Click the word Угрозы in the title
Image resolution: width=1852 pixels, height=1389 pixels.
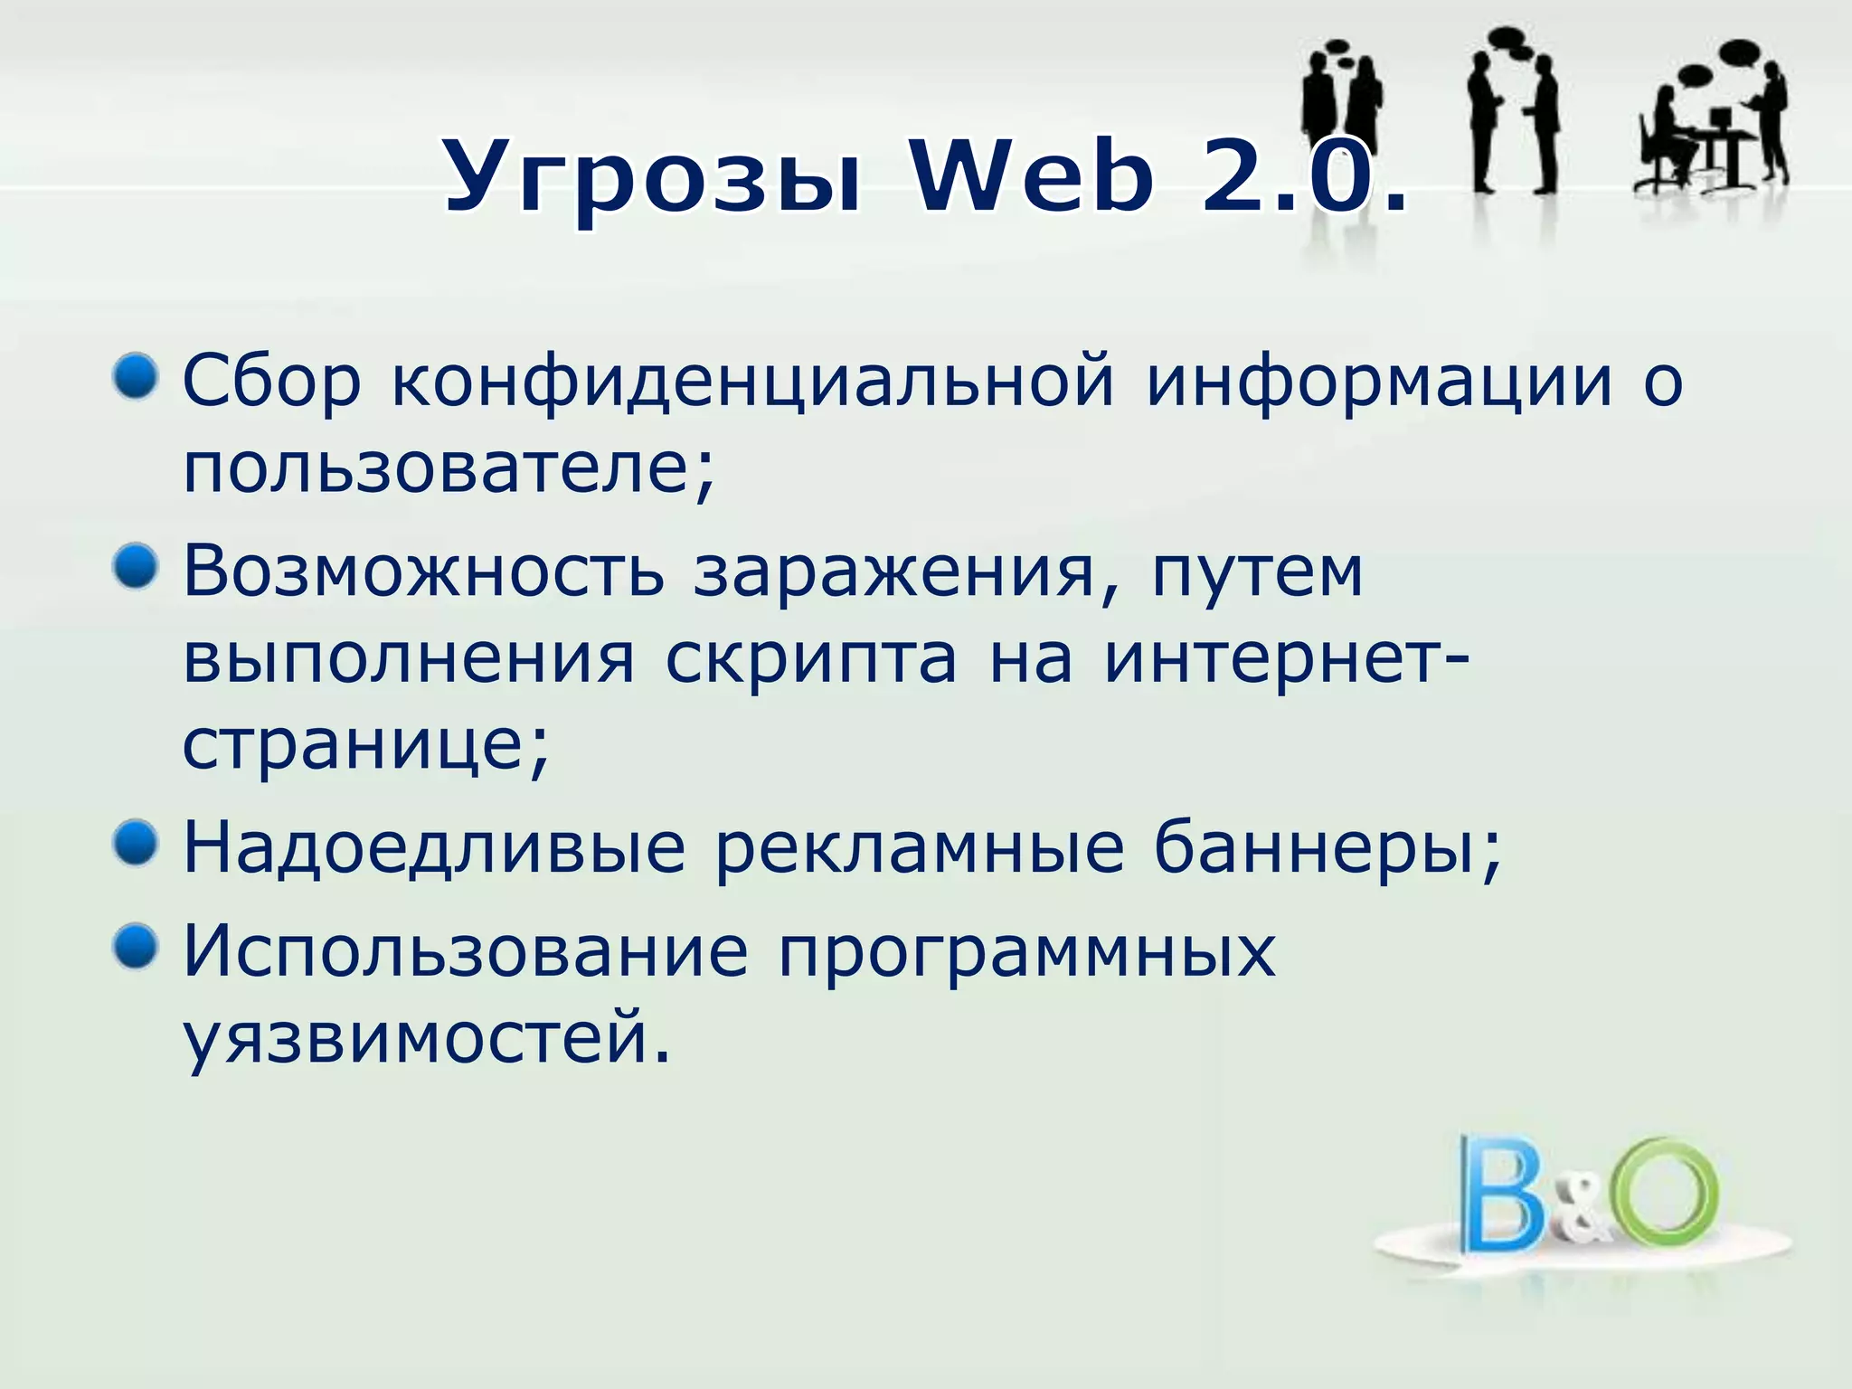pyautogui.click(x=652, y=178)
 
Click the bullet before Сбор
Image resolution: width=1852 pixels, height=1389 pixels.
pyautogui.click(x=136, y=376)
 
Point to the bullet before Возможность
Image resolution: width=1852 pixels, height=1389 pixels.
pyautogui.click(x=136, y=567)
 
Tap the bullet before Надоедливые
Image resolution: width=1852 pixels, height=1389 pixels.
pyautogui.click(x=136, y=844)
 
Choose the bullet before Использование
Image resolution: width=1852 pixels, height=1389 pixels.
pyautogui.click(x=136, y=947)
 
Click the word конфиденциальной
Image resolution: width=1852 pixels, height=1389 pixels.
pyautogui.click(x=752, y=382)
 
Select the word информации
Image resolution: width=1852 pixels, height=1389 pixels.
pyautogui.click(x=1379, y=382)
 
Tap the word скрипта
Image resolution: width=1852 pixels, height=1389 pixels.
pyautogui.click(x=810, y=659)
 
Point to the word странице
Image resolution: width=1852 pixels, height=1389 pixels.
pyautogui.click(x=364, y=746)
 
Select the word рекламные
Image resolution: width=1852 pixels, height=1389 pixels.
pyautogui.click(x=920, y=849)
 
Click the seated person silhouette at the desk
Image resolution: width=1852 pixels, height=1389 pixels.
pyautogui.click(x=1665, y=140)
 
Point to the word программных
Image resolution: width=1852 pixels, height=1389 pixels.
pyautogui.click(x=1026, y=953)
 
